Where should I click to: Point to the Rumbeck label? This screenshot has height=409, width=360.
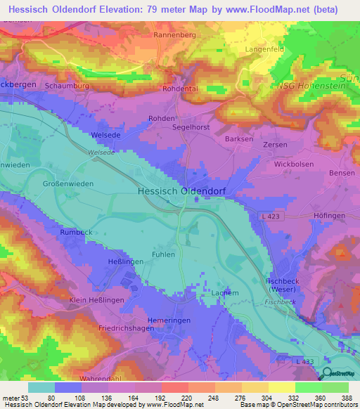click(77, 233)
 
